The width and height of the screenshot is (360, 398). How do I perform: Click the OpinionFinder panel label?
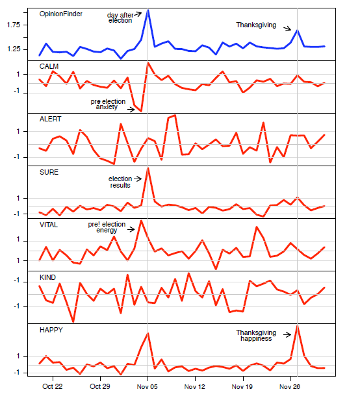pos(60,14)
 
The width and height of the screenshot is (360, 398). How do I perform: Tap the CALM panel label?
pos(49,66)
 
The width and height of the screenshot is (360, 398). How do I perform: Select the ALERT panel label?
pos(50,119)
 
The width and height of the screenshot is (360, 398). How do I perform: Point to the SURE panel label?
pos(49,172)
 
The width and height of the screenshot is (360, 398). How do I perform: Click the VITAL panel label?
pos(49,225)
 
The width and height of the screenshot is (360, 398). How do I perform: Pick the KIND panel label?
pos(47,277)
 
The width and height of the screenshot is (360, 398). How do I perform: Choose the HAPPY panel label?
pos(51,330)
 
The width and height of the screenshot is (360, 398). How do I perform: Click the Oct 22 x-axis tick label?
pos(53,386)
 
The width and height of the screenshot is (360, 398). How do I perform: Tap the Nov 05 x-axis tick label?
pos(147,386)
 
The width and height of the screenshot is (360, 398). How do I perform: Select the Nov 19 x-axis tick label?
pos(242,386)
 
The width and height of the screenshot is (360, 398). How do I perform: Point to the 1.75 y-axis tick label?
pos(14,25)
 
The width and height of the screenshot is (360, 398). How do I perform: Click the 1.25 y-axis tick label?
pos(14,49)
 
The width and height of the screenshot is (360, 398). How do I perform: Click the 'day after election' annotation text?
pos(120,18)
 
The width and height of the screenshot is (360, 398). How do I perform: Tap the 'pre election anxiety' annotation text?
pos(108,104)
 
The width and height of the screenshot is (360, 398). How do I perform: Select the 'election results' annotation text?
pos(120,182)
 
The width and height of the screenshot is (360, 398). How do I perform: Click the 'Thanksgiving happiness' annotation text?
pos(256,336)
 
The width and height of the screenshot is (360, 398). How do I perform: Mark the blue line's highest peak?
pos(148,10)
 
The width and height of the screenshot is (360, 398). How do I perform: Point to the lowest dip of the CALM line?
pos(141,111)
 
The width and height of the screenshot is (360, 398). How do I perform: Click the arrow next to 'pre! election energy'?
pos(131,229)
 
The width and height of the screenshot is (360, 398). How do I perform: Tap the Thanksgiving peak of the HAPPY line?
pos(297,326)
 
